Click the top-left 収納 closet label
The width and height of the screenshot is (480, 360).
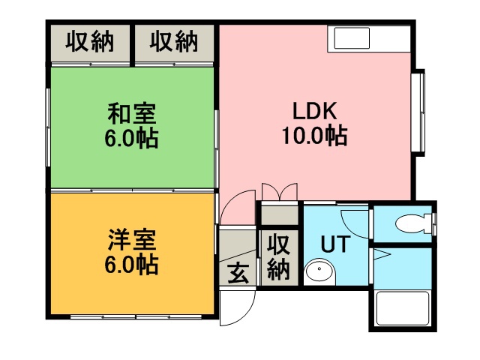click(x=89, y=43)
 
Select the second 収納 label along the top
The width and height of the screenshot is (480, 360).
click(x=173, y=43)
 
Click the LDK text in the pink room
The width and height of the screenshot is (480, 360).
click(x=314, y=112)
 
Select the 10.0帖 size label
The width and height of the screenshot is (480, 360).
click(x=314, y=136)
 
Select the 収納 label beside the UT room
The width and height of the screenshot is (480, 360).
click(x=279, y=256)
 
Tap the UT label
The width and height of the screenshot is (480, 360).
click(x=333, y=244)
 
